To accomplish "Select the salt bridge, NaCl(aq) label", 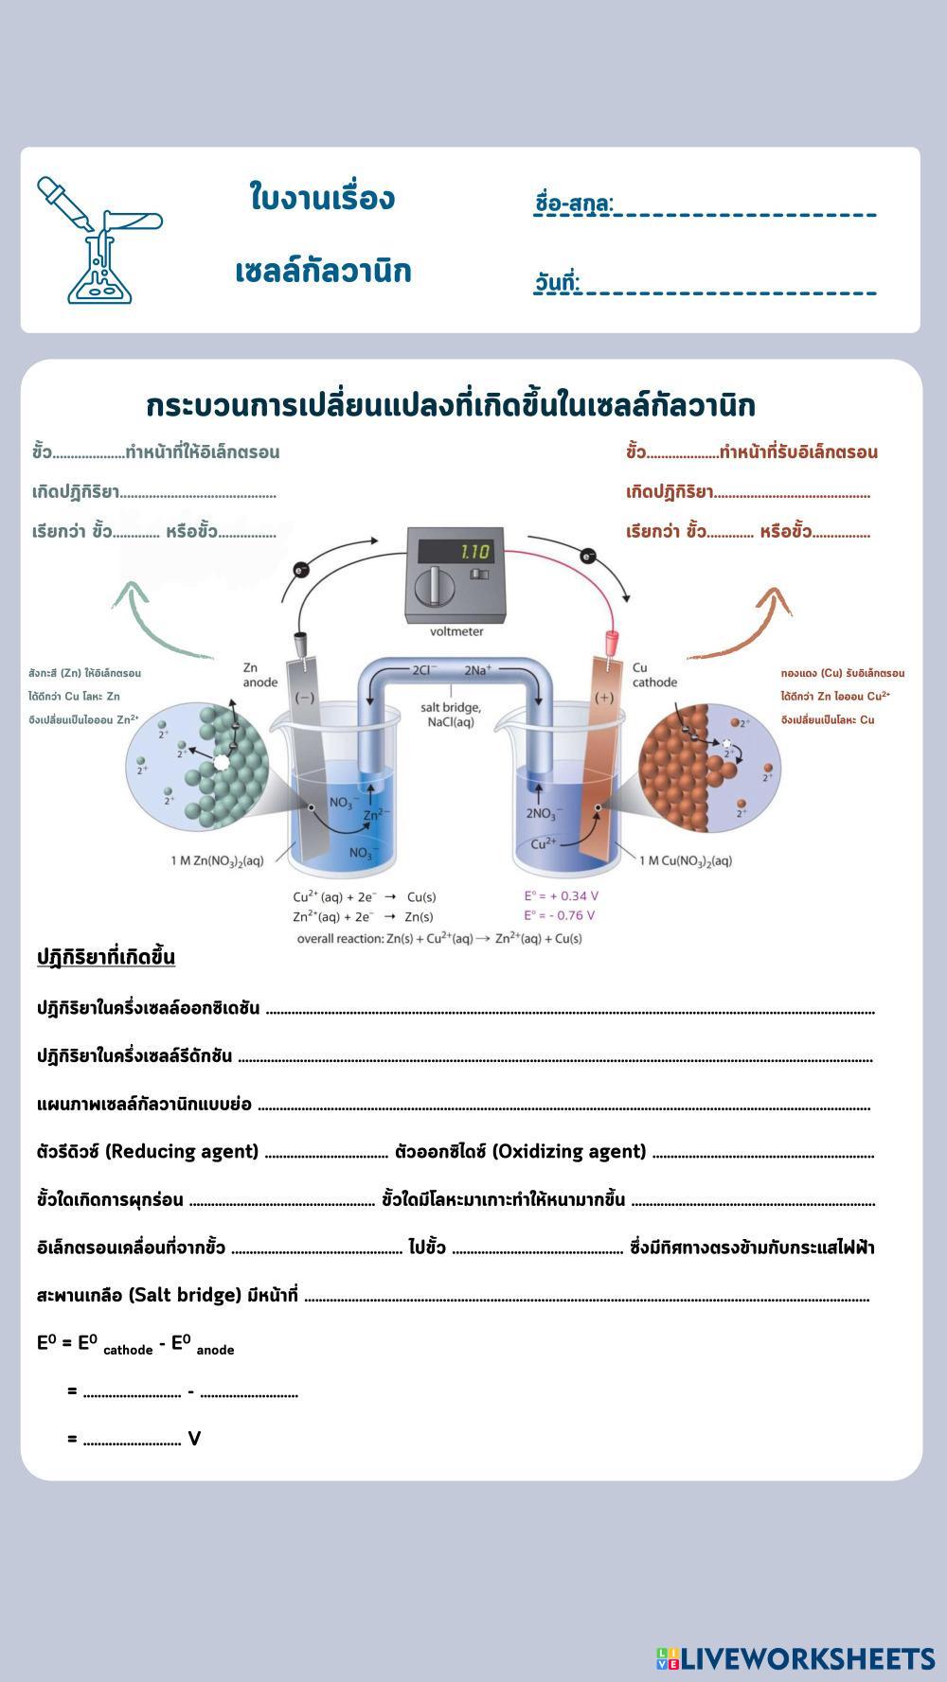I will (x=451, y=715).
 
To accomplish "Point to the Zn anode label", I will (x=260, y=675).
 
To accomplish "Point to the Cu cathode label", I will (x=654, y=675).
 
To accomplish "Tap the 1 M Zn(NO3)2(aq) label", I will (x=217, y=860).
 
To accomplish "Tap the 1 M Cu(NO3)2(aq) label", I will (x=686, y=860).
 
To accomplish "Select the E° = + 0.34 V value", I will (x=562, y=895).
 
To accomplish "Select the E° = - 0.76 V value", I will (x=560, y=915).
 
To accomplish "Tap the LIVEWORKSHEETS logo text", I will (x=807, y=1658).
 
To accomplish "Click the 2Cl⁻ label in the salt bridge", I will (x=424, y=670).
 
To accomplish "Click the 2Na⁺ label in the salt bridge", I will (x=478, y=670).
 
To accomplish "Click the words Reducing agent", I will (x=181, y=1152).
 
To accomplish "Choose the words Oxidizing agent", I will (x=569, y=1152).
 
